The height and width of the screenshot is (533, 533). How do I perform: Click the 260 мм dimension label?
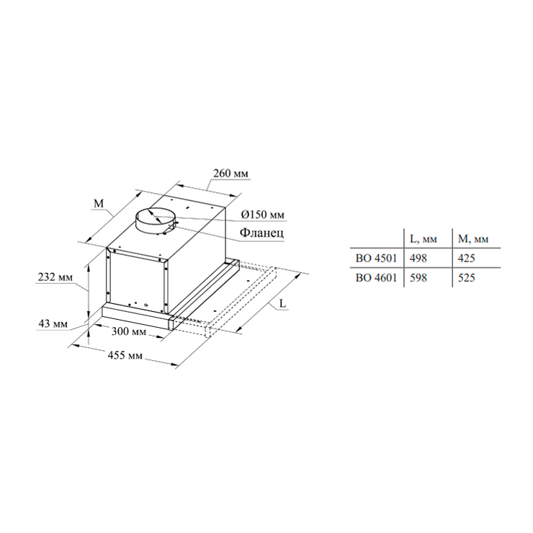tap(230, 174)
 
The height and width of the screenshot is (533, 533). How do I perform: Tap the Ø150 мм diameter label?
tap(262, 215)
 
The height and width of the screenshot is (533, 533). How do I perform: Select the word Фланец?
tap(261, 233)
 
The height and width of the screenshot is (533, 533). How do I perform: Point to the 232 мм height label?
tap(55, 277)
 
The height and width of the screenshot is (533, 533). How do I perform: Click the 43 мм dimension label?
tap(53, 323)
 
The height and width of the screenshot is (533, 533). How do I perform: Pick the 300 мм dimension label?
tap(129, 331)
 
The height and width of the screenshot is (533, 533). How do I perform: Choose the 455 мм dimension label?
tap(125, 355)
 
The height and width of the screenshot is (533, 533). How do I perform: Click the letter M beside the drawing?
tap(99, 203)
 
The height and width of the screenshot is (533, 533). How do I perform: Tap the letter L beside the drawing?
tap(283, 303)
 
